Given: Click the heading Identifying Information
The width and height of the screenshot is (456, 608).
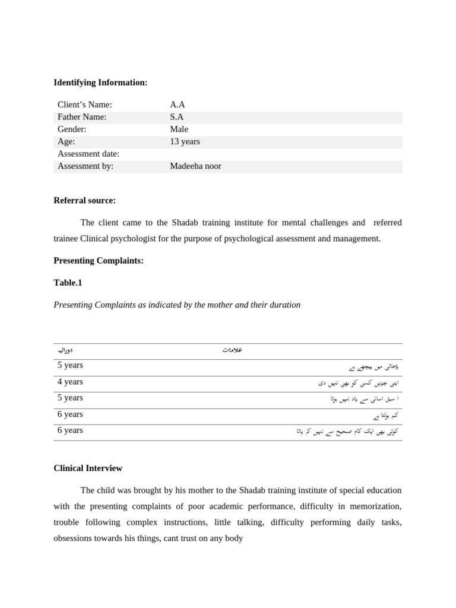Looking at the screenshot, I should pyautogui.click(x=100, y=83).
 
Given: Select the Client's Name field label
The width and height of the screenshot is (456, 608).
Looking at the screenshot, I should pyautogui.click(x=84, y=104).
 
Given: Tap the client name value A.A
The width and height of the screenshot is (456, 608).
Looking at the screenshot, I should pyautogui.click(x=178, y=104).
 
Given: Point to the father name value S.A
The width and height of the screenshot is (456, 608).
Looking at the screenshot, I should pyautogui.click(x=177, y=117).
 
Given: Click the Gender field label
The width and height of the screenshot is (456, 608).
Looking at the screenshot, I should pyautogui.click(x=72, y=129).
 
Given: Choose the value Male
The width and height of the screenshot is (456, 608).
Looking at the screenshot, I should pyautogui.click(x=179, y=129).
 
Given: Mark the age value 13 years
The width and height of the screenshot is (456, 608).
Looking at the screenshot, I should pyautogui.click(x=185, y=141).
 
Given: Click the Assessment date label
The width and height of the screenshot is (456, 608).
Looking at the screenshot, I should pyautogui.click(x=88, y=154).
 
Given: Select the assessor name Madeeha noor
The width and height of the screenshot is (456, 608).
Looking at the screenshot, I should pyautogui.click(x=195, y=166).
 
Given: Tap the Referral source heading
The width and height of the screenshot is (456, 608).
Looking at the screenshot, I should pyautogui.click(x=84, y=201).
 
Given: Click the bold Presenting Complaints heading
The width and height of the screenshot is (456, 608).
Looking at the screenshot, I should pyautogui.click(x=99, y=261).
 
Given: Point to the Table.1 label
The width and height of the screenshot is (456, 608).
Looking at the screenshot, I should pyautogui.click(x=68, y=283).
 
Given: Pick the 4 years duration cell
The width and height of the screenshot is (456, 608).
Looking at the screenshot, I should pyautogui.click(x=70, y=382).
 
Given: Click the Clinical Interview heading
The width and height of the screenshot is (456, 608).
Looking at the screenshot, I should pyautogui.click(x=88, y=468).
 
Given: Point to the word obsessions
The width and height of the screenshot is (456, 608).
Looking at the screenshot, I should pyautogui.click(x=75, y=539).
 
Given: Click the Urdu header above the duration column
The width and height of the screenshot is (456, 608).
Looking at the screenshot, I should pyautogui.click(x=65, y=350).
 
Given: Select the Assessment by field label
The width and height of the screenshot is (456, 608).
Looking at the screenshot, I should pyautogui.click(x=85, y=166).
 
